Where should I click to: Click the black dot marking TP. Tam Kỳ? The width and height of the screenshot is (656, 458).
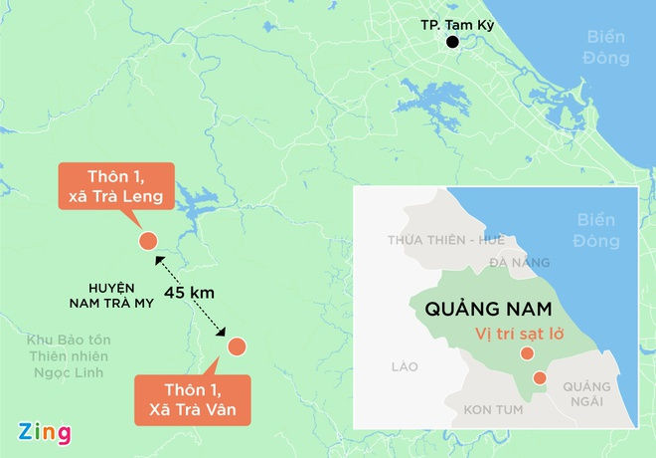453,42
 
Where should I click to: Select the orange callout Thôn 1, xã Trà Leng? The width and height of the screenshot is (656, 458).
116,185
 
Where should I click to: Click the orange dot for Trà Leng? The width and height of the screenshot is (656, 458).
147,240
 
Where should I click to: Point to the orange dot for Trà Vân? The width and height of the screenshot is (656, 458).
237,346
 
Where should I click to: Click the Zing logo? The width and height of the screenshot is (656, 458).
45,433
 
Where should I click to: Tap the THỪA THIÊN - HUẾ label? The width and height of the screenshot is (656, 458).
446,239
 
